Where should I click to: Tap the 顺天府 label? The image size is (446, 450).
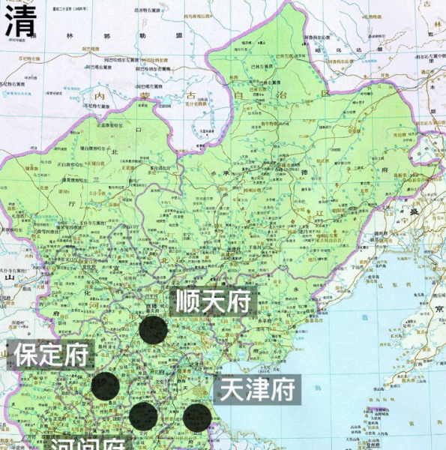(x=212, y=301)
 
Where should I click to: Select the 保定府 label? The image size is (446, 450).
(x=50, y=355)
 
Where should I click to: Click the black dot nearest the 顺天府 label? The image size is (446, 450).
(x=153, y=330)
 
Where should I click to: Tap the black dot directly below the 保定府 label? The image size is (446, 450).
(x=106, y=386)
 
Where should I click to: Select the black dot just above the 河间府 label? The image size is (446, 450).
(x=142, y=415)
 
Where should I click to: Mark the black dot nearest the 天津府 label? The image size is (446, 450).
(x=197, y=417)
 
